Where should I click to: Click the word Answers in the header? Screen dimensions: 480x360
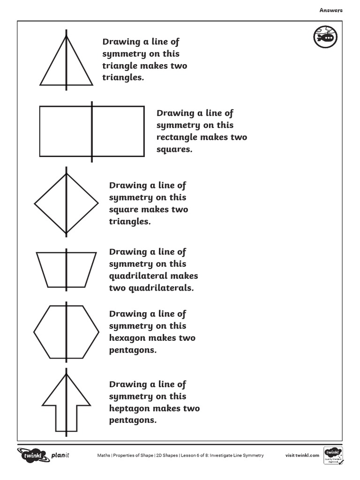click(x=331, y=10)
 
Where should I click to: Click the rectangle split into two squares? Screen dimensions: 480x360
click(x=92, y=131)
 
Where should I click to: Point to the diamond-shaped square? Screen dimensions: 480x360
click(x=66, y=203)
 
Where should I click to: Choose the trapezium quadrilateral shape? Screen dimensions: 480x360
click(x=66, y=270)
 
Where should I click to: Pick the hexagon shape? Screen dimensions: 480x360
click(x=66, y=331)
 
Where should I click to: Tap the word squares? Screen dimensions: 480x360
click(x=174, y=150)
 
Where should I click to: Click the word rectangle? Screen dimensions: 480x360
click(x=177, y=137)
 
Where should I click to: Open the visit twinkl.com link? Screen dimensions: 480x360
click(x=302, y=455)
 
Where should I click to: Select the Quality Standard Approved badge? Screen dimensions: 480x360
click(x=333, y=455)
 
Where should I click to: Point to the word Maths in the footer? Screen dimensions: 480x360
click(x=103, y=455)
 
